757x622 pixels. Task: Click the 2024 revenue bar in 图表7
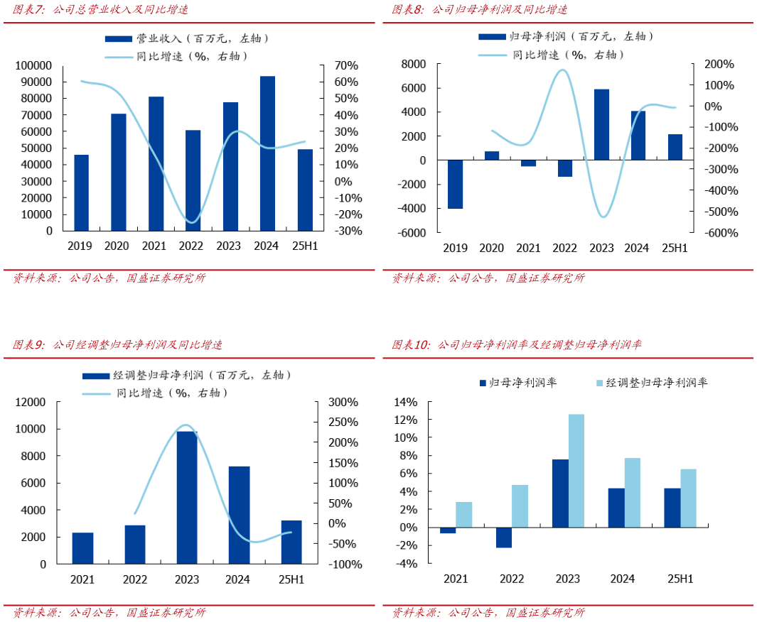(x=267, y=153)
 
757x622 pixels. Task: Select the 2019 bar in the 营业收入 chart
(x=82, y=192)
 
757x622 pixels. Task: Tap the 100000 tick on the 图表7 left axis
(x=33, y=65)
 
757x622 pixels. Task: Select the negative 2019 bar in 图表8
(x=455, y=185)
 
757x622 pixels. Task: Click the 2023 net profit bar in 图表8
(x=601, y=125)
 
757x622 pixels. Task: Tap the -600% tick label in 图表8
(x=721, y=232)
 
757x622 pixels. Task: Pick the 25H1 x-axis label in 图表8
(x=675, y=248)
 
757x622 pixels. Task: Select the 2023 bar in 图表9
(x=187, y=497)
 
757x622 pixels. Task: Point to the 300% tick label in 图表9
(x=344, y=402)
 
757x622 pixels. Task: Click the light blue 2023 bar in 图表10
(x=576, y=471)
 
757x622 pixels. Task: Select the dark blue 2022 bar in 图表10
(x=504, y=538)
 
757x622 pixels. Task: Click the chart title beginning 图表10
(x=517, y=345)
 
